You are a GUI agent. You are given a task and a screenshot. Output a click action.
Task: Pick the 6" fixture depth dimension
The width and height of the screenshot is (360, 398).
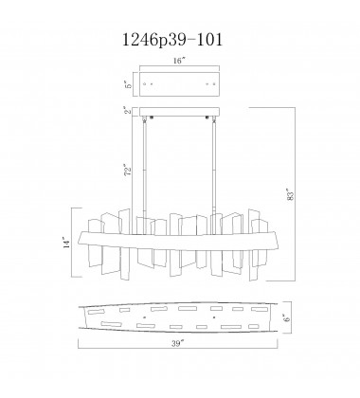click(296, 320)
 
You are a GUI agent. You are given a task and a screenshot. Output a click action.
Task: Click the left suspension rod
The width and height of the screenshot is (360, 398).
click(147, 171)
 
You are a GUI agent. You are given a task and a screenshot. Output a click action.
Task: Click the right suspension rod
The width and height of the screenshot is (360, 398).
click(213, 171)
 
